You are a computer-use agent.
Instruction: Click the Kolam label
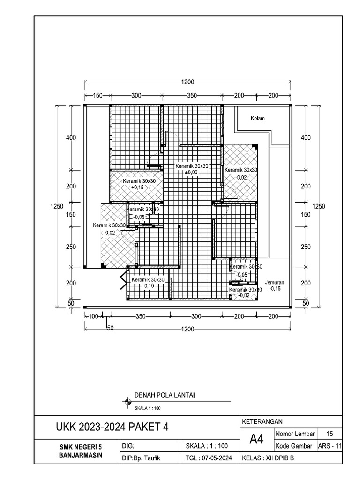coord(257,119)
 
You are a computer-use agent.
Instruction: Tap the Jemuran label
coord(275,283)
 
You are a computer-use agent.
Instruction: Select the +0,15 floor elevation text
coord(138,187)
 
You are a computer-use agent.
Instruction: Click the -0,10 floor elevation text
coord(149,286)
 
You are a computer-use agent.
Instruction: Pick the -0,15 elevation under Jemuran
coord(275,289)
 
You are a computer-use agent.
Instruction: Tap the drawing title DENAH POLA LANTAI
coord(165,395)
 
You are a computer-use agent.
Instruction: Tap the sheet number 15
coord(330,433)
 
